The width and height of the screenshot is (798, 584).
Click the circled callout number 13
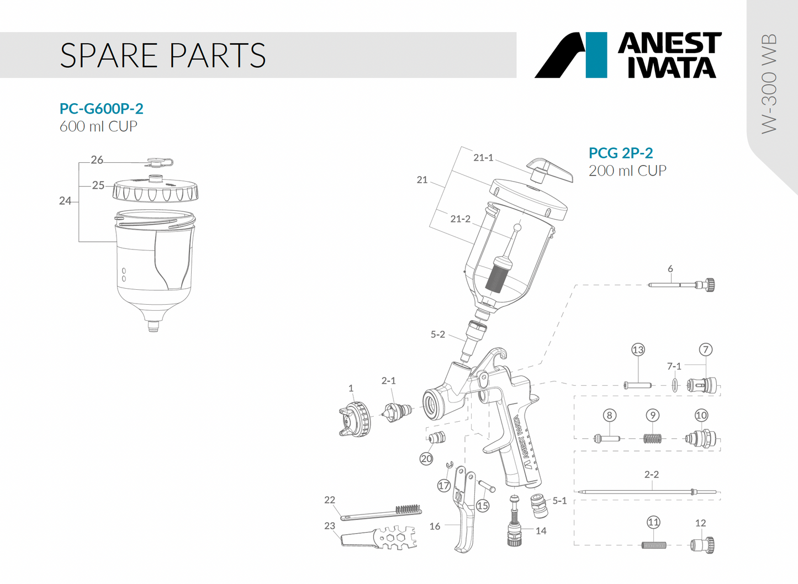click(638, 350)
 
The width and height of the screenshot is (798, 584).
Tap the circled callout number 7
click(705, 349)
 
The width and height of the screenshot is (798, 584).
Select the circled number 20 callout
click(426, 459)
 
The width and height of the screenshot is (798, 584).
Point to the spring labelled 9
click(653, 438)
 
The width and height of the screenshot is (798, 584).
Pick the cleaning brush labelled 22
click(381, 513)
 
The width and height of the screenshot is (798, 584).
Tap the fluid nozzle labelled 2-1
click(398, 411)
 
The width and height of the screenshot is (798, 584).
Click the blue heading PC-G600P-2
click(102, 109)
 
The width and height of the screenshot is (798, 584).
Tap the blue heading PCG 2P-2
click(621, 153)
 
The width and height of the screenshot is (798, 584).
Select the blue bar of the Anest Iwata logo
click(596, 55)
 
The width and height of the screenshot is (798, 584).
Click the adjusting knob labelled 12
click(702, 545)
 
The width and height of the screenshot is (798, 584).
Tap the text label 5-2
click(437, 335)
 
